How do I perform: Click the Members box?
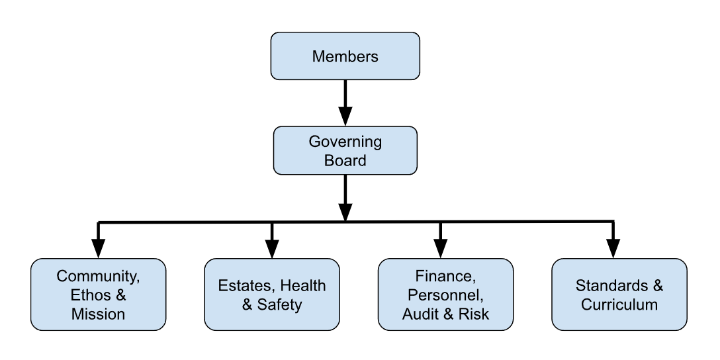point(345,56)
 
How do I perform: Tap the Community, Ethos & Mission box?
point(98,294)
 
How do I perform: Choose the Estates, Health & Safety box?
point(271,294)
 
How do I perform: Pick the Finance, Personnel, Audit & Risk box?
point(445,294)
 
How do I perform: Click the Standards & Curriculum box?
point(619,294)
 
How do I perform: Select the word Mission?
point(98,314)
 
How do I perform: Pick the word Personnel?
point(445,294)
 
